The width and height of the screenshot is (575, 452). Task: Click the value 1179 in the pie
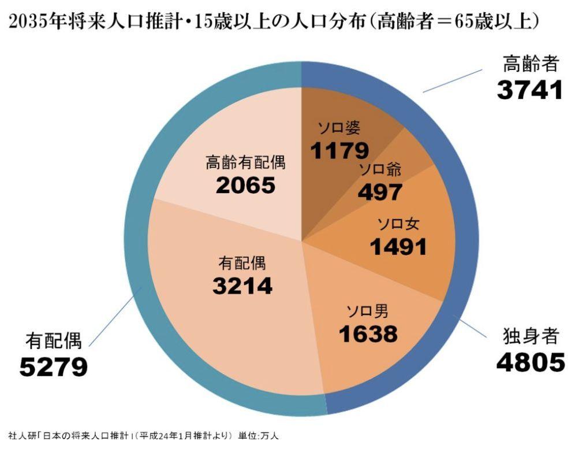(339, 151)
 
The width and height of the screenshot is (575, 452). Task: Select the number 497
(379, 192)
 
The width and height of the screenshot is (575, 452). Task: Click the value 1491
(398, 247)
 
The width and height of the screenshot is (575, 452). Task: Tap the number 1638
(368, 334)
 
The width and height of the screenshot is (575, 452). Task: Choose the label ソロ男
(367, 312)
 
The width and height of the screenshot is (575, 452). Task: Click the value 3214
(242, 286)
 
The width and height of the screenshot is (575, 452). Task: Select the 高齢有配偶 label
(245, 163)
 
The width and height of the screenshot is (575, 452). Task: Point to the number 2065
(245, 186)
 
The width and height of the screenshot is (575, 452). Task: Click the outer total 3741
(529, 90)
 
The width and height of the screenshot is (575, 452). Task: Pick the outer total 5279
(53, 367)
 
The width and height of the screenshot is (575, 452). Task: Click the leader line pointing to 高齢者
(453, 80)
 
